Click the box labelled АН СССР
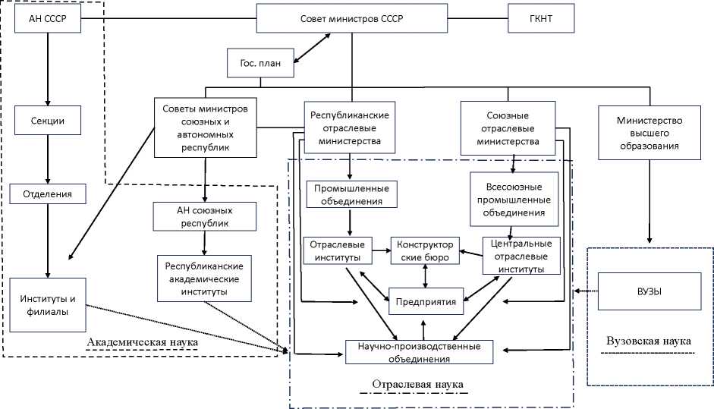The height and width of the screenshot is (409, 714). click(x=48, y=19)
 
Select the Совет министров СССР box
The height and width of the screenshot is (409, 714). click(x=351, y=19)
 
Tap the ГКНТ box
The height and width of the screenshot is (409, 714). click(x=530, y=19)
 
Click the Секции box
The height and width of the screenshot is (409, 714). click(x=48, y=121)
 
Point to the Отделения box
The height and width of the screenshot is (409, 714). click(x=48, y=194)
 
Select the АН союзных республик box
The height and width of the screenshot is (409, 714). click(x=203, y=216)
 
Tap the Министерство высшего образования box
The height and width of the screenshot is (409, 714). click(x=650, y=133)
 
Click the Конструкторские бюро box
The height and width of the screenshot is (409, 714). click(x=425, y=251)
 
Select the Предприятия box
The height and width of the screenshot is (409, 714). click(x=426, y=301)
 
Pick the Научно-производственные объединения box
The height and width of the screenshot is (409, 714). click(x=419, y=351)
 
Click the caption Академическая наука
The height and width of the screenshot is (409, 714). click(x=143, y=343)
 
